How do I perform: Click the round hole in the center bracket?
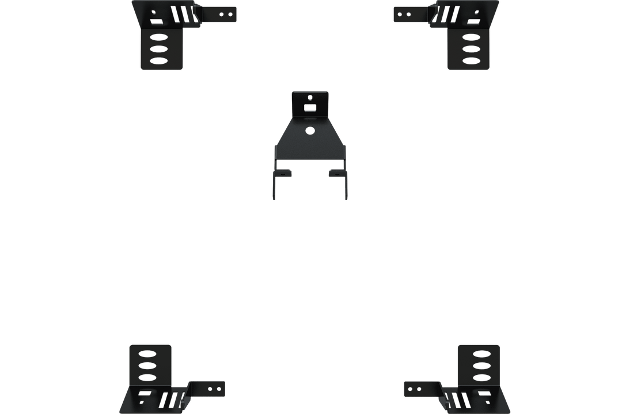point(310,131)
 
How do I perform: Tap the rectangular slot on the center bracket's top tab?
point(310,108)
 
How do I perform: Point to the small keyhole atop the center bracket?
point(310,97)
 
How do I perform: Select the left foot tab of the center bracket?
point(284,172)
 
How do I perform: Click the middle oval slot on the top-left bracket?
point(158,48)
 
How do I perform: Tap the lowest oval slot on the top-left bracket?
point(158,60)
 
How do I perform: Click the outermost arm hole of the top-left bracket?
point(230,13)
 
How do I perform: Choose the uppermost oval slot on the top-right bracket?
point(471,37)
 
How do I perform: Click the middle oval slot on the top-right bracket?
point(471,48)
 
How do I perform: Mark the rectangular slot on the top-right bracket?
point(472,22)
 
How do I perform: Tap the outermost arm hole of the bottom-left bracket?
point(219,389)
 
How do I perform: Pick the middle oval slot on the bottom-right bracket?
point(480,365)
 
